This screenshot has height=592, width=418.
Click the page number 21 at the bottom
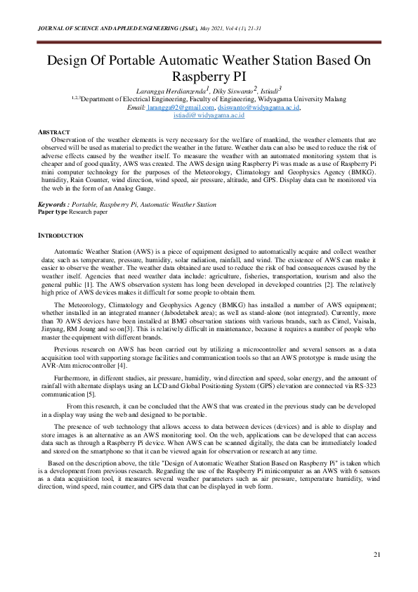[377, 555]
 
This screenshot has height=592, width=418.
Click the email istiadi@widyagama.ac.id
[209, 115]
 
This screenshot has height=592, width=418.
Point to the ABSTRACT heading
[54, 132]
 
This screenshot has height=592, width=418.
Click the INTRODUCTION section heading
[60, 235]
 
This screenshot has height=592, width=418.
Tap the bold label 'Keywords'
[52, 205]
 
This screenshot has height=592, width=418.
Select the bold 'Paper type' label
[53, 211]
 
